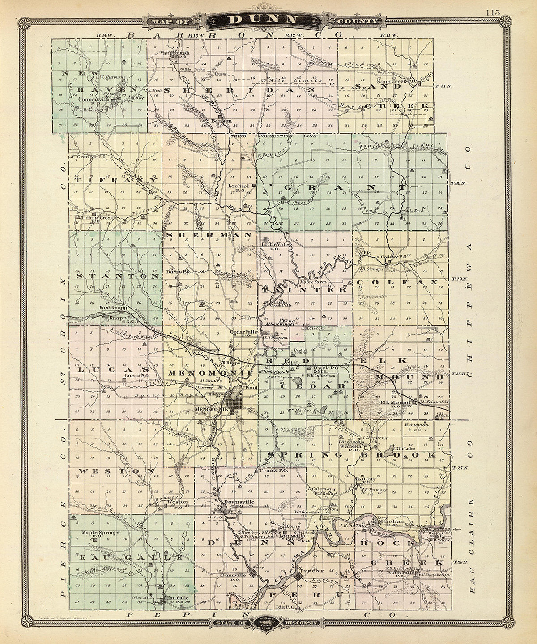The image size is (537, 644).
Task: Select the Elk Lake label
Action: (x=403, y=448)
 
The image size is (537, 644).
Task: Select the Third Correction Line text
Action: (x=273, y=136)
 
